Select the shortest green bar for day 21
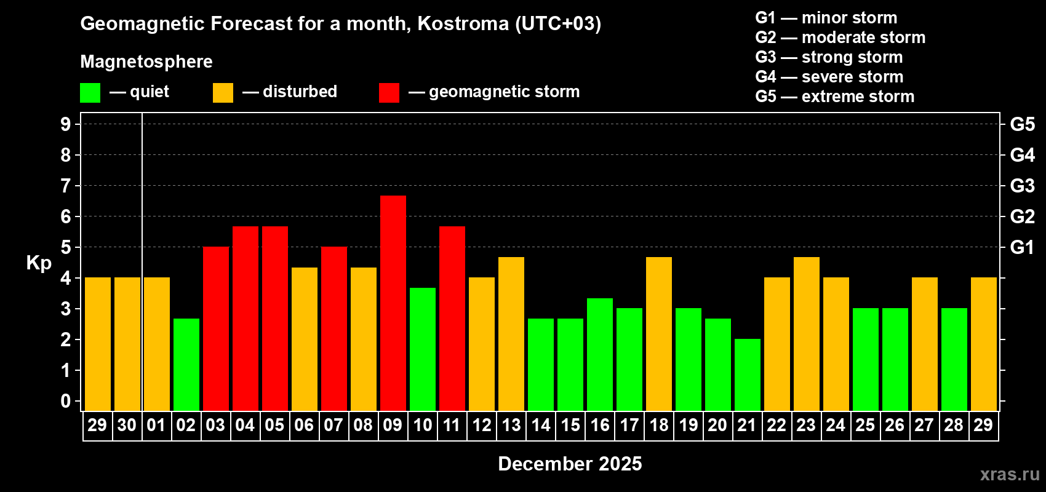click(748, 375)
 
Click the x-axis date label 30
click(127, 425)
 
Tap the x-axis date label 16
click(600, 425)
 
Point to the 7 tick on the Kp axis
click(66, 186)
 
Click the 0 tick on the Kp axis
click(66, 401)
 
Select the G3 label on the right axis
click(1022, 186)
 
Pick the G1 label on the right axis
click(1022, 247)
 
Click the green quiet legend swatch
click(90, 93)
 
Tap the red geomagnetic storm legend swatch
click(389, 93)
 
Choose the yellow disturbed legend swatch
click(223, 93)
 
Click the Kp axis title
click(39, 263)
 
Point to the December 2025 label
click(570, 464)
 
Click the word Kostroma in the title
click(463, 23)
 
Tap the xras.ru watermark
click(1010, 474)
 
